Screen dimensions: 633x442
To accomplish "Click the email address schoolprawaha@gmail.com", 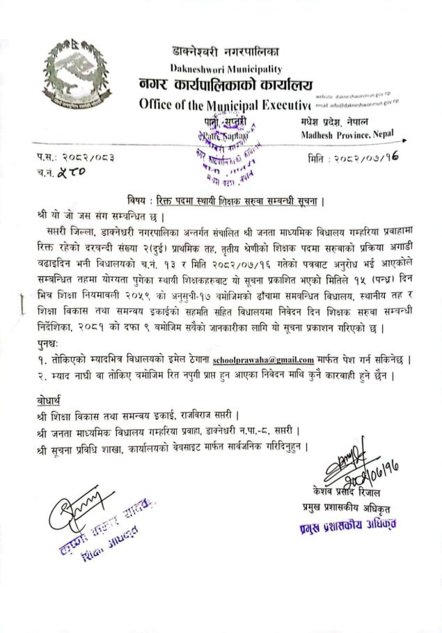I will point(263,360).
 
